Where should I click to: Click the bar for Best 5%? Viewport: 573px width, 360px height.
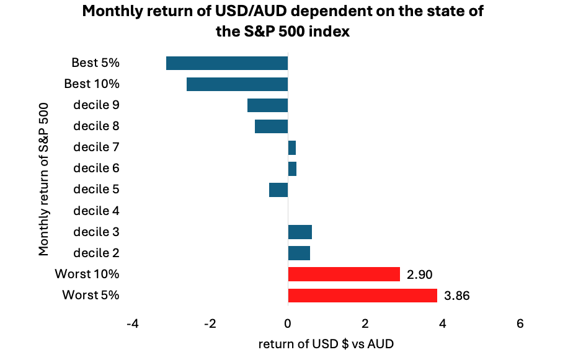[227, 63]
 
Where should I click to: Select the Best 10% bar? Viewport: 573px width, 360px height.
[237, 84]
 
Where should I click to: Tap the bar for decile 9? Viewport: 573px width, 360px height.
[267, 105]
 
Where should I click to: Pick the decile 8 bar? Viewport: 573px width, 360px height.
[271, 126]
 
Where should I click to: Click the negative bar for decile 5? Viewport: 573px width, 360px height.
[278, 189]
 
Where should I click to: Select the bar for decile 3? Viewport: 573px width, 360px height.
[300, 231]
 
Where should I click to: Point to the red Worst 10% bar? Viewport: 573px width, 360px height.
[344, 273]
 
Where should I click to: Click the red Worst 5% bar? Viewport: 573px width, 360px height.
[363, 294]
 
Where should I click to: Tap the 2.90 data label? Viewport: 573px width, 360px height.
[420, 274]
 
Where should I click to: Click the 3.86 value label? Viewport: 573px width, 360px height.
[457, 295]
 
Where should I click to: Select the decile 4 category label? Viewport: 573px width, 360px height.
[96, 210]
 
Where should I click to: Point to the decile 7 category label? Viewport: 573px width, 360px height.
[96, 147]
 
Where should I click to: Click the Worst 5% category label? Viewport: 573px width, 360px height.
[91, 294]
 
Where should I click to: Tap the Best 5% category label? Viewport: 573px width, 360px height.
[95, 63]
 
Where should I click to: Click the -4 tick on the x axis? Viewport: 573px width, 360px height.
[132, 323]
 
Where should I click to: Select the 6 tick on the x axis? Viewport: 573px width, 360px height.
[520, 323]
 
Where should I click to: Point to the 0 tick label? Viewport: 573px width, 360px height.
[288, 323]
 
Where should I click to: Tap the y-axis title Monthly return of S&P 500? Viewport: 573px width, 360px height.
[44, 178]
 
